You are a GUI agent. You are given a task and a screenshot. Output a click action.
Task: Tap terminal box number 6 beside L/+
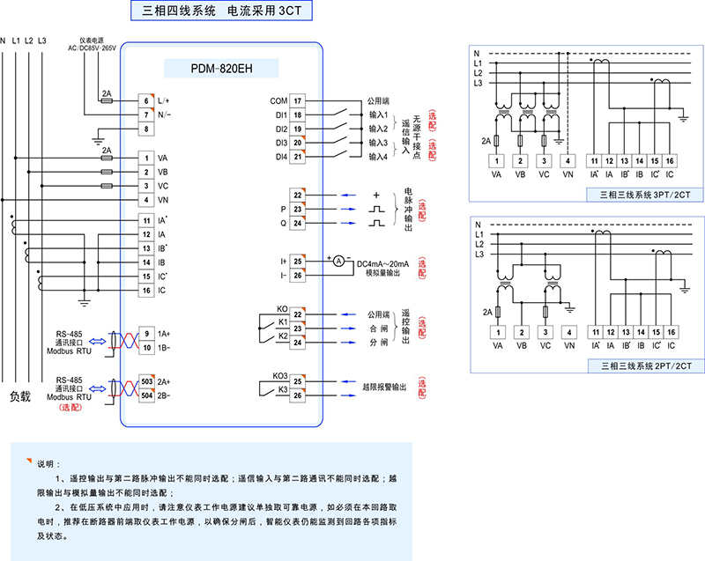point(146,101)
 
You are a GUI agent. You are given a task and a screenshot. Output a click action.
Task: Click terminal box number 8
point(146,129)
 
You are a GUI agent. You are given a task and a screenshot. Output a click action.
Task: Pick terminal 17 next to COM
point(298,101)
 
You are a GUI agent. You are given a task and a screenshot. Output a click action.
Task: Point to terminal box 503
point(145,381)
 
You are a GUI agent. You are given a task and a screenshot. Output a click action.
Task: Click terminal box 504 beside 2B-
point(145,395)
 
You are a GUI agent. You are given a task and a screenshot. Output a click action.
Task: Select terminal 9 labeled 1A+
point(146,334)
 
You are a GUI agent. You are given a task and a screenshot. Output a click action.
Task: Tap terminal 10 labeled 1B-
point(146,348)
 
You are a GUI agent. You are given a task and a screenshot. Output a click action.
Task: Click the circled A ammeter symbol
point(337,261)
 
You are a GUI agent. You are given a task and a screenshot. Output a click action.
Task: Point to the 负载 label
point(20,396)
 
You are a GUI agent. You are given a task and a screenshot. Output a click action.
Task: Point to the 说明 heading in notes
point(47,463)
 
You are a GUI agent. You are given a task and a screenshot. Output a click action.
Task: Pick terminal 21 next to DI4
point(298,157)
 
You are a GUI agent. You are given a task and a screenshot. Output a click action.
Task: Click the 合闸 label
point(377,327)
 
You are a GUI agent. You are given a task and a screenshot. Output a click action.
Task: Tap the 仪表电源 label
point(92,41)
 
